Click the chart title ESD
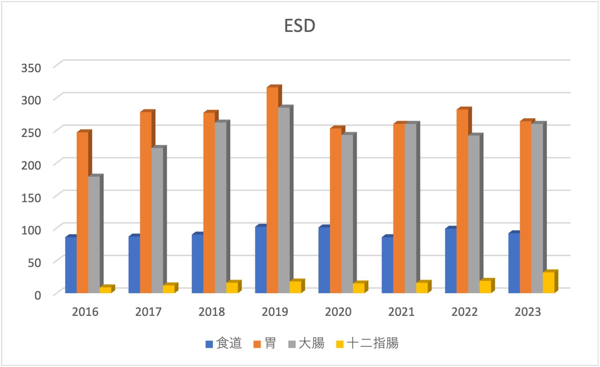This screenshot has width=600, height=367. (x=300, y=26)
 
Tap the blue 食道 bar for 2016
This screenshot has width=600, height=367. (x=71, y=265)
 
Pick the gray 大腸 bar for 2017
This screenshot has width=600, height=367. (x=157, y=220)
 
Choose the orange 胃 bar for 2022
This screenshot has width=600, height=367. (x=462, y=201)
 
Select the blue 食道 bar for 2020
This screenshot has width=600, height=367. (x=324, y=260)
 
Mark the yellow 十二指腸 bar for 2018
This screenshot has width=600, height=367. (x=232, y=288)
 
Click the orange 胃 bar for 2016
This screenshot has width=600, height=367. (x=82, y=212)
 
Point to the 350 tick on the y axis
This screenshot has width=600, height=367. (x=31, y=68)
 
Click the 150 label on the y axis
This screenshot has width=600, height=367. (x=31, y=198)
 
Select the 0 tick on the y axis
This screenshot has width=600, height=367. (x=38, y=295)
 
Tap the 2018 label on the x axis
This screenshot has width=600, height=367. (x=211, y=312)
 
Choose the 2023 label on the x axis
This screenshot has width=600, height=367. (x=528, y=312)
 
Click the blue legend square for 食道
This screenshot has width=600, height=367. (x=209, y=344)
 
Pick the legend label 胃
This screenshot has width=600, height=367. (x=270, y=343)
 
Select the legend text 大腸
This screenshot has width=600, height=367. (x=312, y=343)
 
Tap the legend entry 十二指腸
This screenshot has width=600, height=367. (x=373, y=343)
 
